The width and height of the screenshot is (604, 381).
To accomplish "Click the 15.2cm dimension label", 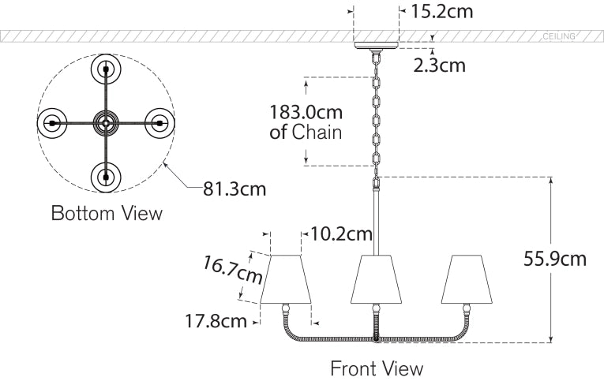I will [443, 12].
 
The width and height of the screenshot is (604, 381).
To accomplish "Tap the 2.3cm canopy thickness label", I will [439, 65].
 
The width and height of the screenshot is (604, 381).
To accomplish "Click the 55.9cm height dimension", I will [556, 259].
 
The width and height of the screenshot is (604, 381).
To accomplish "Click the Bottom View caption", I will [107, 213].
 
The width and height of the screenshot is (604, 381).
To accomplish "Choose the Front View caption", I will [377, 368].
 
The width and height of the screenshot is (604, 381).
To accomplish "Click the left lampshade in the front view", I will [284, 279].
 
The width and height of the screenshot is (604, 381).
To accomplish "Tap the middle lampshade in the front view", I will [377, 279].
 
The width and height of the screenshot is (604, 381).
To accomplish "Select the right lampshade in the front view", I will [466, 279].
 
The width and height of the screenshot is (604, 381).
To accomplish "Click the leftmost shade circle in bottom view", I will [51, 123].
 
